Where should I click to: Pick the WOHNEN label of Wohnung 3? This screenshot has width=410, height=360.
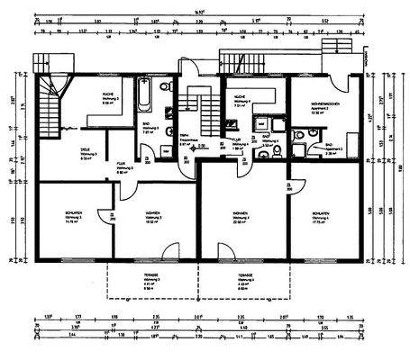[153, 215]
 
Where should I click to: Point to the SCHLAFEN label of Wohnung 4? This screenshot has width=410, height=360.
[322, 214]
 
